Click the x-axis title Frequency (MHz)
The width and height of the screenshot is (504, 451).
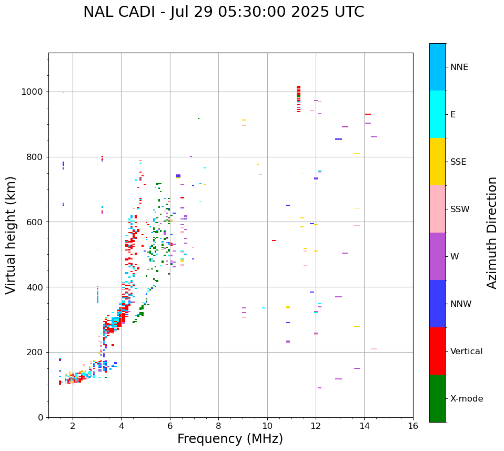click(230, 439)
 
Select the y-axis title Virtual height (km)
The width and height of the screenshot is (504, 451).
click(11, 235)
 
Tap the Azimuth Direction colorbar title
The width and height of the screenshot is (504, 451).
click(492, 233)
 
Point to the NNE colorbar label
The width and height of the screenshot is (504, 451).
click(459, 67)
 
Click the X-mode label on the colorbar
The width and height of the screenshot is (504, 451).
click(466, 399)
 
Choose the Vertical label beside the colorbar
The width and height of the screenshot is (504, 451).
click(466, 352)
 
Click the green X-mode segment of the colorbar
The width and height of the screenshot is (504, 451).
click(437, 398)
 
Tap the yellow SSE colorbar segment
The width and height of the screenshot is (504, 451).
click(437, 162)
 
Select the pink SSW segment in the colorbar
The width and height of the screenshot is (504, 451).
click(437, 209)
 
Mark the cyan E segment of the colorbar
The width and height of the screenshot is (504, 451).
click(437, 114)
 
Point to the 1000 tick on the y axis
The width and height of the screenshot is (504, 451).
click(34, 92)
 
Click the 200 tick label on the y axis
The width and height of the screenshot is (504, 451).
click(36, 352)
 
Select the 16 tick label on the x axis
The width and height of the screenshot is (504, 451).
click(413, 426)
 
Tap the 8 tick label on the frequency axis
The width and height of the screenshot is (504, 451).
click(218, 426)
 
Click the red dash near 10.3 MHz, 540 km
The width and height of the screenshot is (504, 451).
click(274, 240)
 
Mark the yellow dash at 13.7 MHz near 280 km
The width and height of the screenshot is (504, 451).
click(357, 326)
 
